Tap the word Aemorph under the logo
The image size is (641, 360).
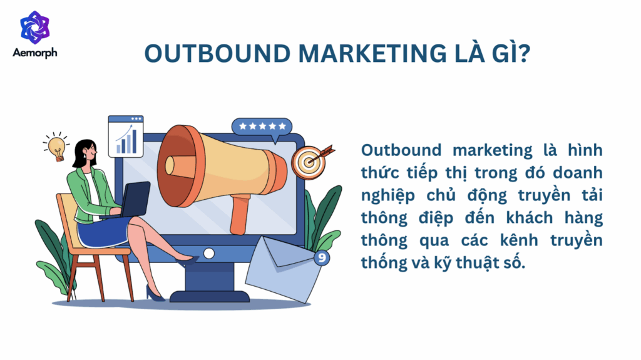(34, 53)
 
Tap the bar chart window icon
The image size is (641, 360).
(126, 136)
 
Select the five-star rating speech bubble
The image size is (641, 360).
(262, 127)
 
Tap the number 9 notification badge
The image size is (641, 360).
(321, 257)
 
